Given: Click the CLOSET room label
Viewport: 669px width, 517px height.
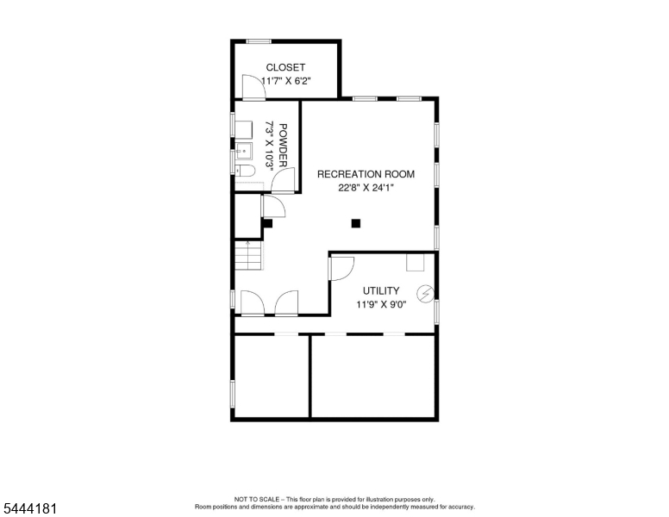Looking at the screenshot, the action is pyautogui.click(x=285, y=67).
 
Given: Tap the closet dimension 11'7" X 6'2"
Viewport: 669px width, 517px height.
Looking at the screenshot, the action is pyautogui.click(x=286, y=81).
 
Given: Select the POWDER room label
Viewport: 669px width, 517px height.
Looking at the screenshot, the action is pyautogui.click(x=283, y=145).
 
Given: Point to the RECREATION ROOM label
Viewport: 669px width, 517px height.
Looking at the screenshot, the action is pyautogui.click(x=366, y=174).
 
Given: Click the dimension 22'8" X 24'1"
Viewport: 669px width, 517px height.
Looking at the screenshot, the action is pyautogui.click(x=366, y=188).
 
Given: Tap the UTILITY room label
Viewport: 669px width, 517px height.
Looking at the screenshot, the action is pyautogui.click(x=381, y=291).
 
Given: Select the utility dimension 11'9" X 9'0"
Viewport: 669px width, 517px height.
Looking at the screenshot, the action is pyautogui.click(x=381, y=304).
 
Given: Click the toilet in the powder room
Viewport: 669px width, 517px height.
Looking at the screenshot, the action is pyautogui.click(x=246, y=171).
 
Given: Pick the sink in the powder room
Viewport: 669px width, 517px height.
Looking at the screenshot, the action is pyautogui.click(x=244, y=151).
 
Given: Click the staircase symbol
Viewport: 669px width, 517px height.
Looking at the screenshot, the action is pyautogui.click(x=248, y=255).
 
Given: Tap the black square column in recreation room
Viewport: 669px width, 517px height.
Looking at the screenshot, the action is pyautogui.click(x=356, y=223).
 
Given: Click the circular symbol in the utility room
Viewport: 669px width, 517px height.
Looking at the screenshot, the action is pyautogui.click(x=425, y=294).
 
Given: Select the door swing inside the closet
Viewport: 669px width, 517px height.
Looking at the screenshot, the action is pyautogui.click(x=253, y=87).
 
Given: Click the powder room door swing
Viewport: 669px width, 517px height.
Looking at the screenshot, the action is pyautogui.click(x=283, y=180).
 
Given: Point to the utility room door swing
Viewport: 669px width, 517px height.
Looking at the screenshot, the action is pyautogui.click(x=342, y=268).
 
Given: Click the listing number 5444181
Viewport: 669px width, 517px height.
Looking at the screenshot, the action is pyautogui.click(x=29, y=508).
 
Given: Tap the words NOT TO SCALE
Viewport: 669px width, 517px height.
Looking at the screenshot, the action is pyautogui.click(x=256, y=499).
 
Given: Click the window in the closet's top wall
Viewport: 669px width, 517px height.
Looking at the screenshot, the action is pyautogui.click(x=259, y=41).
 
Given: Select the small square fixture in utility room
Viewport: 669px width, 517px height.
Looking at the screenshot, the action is pyautogui.click(x=416, y=262).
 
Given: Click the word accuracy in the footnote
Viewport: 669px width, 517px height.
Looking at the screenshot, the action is pyautogui.click(x=461, y=507).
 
